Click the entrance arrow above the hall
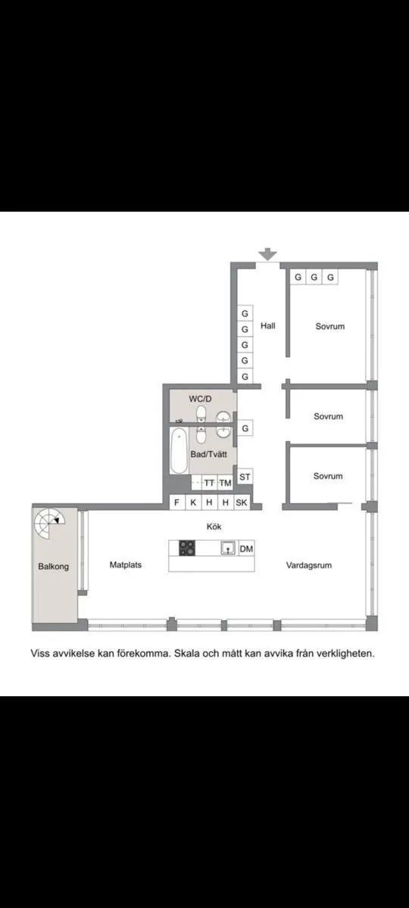click(x=267, y=255)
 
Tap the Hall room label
click(x=267, y=326)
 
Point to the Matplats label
click(x=126, y=564)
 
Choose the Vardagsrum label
click(x=309, y=565)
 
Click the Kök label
click(x=213, y=526)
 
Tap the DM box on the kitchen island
click(x=246, y=549)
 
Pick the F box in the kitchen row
click(x=176, y=502)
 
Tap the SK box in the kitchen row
click(x=242, y=502)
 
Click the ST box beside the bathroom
click(x=245, y=477)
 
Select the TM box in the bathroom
click(x=225, y=483)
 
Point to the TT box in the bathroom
click(x=208, y=483)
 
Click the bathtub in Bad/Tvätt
click(x=179, y=452)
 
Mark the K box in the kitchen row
click(x=193, y=502)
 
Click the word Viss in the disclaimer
click(x=41, y=652)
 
